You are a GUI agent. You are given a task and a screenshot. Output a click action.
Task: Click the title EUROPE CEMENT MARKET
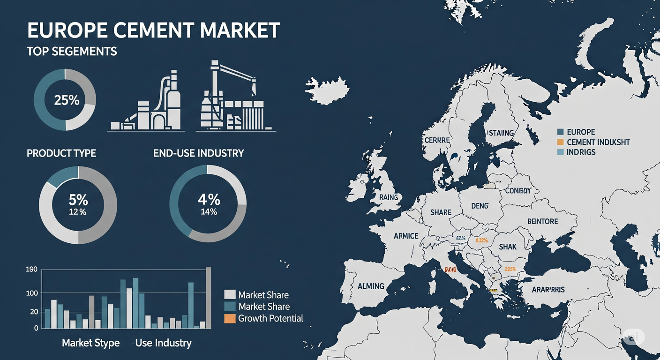(x=153, y=30)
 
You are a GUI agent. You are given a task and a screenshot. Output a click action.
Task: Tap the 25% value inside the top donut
(x=67, y=100)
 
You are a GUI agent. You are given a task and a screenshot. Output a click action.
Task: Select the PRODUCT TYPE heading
(x=61, y=153)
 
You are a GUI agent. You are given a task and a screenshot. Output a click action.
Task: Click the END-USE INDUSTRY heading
(x=198, y=153)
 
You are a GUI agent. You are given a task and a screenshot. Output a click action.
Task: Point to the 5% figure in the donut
(x=78, y=200)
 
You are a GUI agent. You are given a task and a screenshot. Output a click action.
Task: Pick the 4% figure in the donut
(x=209, y=199)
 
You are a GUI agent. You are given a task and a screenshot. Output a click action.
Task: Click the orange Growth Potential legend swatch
(x=230, y=319)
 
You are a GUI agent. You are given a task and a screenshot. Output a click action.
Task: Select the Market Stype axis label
(x=91, y=343)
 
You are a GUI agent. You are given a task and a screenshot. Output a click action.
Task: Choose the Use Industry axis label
(x=163, y=343)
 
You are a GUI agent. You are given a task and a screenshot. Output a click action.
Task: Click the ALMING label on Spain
(x=371, y=286)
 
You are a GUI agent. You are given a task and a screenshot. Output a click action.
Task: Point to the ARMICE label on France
(x=406, y=236)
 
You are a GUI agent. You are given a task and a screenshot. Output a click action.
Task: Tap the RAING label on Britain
(x=389, y=197)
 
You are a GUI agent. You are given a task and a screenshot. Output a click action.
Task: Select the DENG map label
(x=480, y=206)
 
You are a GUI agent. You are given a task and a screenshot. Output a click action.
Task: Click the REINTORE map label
(x=542, y=221)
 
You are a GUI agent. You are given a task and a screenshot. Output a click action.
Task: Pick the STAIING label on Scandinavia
(x=501, y=133)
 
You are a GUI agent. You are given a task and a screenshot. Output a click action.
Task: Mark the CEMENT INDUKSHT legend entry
(x=598, y=142)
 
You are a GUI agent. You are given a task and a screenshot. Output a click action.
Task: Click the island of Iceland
(x=328, y=89)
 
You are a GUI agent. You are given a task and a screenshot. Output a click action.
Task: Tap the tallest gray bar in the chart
(x=209, y=298)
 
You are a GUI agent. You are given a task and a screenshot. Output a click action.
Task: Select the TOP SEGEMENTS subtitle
(x=72, y=52)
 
